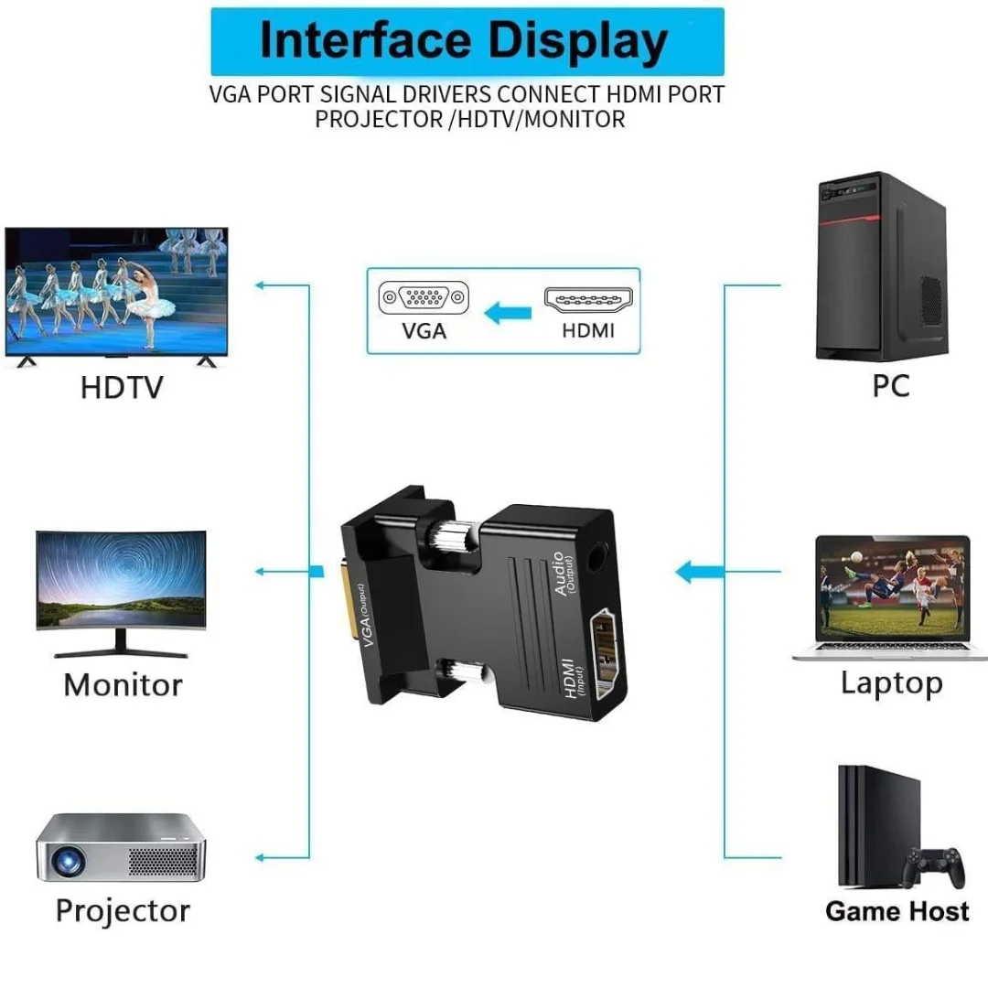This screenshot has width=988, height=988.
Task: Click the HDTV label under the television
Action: (x=121, y=387)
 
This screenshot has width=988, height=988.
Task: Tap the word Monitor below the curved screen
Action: (x=123, y=684)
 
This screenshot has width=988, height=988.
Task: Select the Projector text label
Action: (x=123, y=910)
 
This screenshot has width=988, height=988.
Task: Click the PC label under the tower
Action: (x=890, y=385)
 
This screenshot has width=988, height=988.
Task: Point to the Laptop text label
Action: (x=891, y=682)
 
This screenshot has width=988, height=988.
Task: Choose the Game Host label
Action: (x=897, y=911)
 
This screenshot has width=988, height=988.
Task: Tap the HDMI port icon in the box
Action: (x=590, y=298)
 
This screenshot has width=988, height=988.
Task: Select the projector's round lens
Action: (x=65, y=860)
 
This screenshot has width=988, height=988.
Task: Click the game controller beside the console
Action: (x=934, y=865)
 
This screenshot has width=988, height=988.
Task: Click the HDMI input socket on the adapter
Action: (x=605, y=653)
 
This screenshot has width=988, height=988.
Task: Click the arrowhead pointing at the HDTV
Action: (x=260, y=285)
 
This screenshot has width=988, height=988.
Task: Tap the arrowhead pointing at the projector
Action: (x=260, y=857)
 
